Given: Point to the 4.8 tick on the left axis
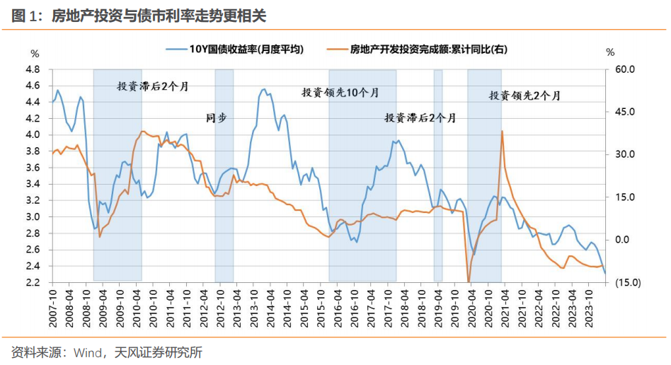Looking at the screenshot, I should (x=32, y=69).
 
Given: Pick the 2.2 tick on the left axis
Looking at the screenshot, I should (x=32, y=282).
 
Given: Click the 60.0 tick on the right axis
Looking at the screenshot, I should (x=626, y=69).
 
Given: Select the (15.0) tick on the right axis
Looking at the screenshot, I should (x=626, y=282).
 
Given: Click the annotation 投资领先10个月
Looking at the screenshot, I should (x=340, y=93).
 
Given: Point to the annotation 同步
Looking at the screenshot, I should (x=216, y=117).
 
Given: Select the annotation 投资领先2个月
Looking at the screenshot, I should (x=524, y=95).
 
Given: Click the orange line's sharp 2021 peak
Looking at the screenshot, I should (x=502, y=132).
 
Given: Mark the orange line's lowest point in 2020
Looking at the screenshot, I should (x=469, y=282).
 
